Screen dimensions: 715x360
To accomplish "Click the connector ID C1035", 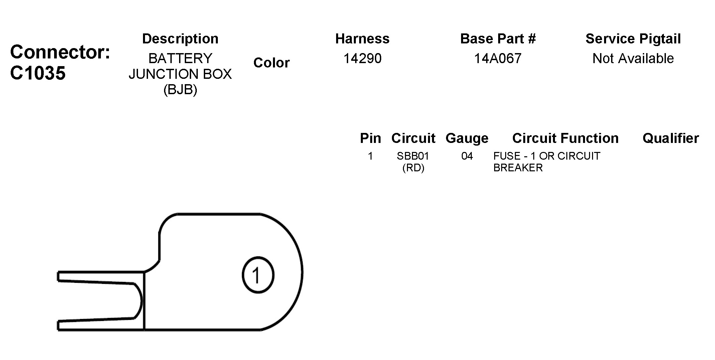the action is coord(38,73).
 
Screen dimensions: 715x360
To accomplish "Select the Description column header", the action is coord(180,39).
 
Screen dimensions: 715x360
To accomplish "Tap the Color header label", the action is coord(271,63).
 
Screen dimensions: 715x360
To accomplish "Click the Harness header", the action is coord(363,39).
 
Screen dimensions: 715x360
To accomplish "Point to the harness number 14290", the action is coord(363,58).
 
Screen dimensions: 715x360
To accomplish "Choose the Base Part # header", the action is coord(498,39).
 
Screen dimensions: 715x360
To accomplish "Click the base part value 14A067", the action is coord(498,58).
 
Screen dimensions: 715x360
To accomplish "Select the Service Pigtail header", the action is coord(633,39).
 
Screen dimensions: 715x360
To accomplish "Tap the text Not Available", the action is coord(633,58).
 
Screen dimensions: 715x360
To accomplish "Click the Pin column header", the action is coord(370,138).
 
